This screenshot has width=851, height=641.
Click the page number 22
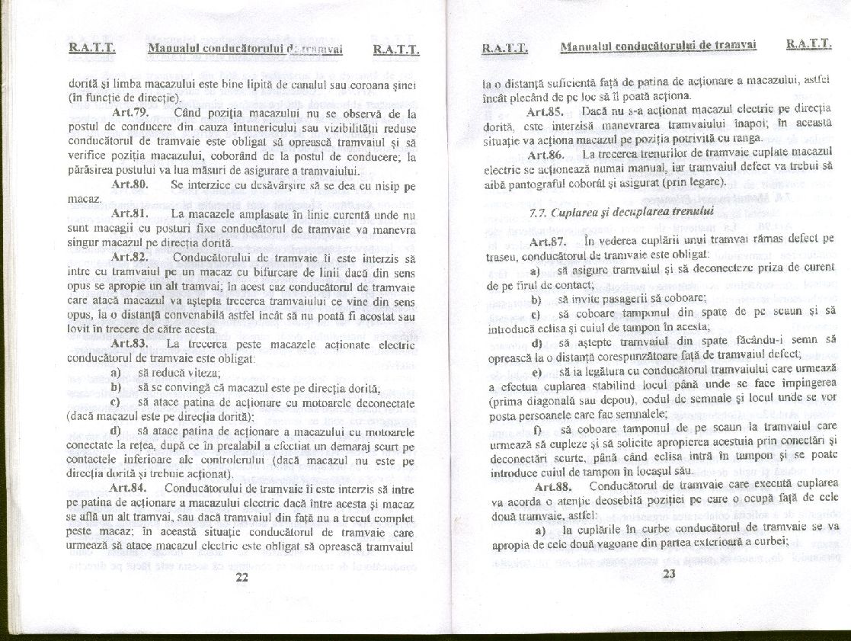click(242, 578)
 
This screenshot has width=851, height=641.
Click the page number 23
click(670, 575)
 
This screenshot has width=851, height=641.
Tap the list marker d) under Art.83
click(116, 431)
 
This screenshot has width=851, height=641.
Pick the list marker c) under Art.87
click(536, 312)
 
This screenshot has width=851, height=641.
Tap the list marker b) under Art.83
click(116, 387)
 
